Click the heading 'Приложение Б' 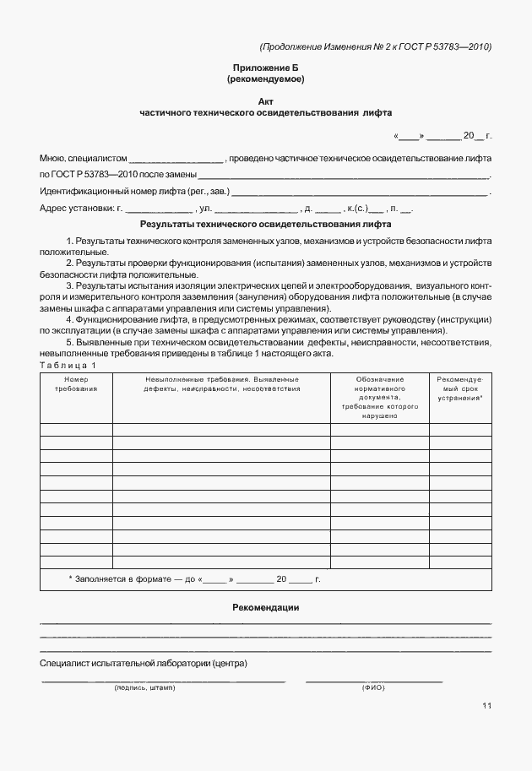click(266, 67)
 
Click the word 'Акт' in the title click(266, 100)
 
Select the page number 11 click(487, 705)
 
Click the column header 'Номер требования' click(76, 384)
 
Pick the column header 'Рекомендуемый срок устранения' click(460, 388)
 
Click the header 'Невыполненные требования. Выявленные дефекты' click(221, 384)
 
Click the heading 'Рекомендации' click(266, 608)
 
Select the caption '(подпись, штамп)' click(144, 688)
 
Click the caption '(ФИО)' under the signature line click(373, 688)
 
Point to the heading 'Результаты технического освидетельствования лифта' click(266, 225)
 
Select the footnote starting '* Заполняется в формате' click(194, 579)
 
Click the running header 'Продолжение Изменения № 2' click(376, 46)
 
